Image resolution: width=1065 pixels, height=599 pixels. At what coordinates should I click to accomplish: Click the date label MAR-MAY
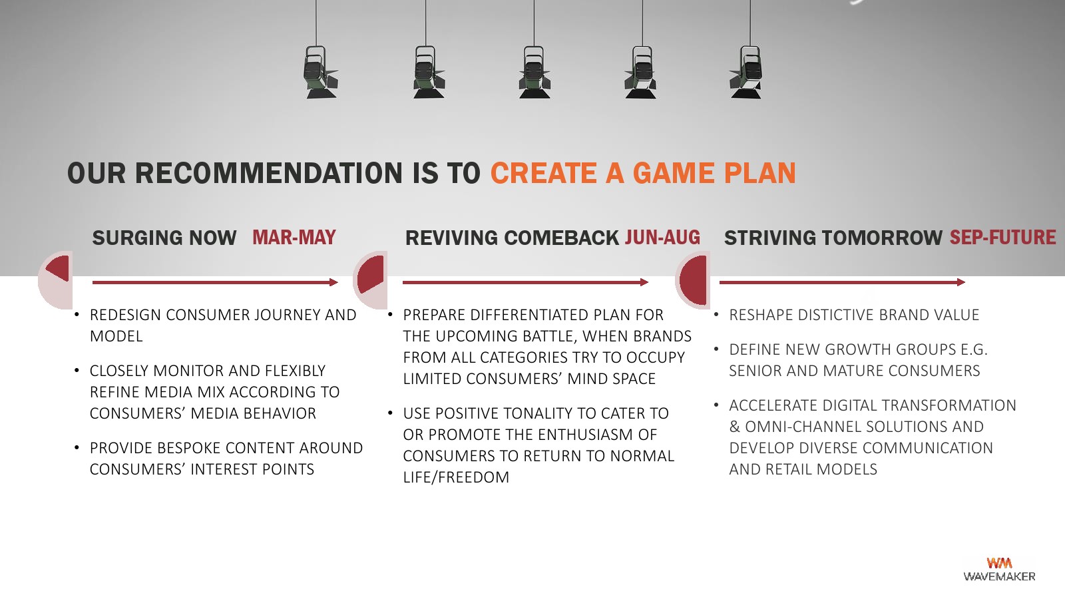tap(294, 238)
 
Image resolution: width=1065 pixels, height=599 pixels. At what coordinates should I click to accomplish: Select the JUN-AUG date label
tap(662, 238)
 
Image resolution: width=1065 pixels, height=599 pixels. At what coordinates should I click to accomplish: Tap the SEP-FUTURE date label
tap(1002, 238)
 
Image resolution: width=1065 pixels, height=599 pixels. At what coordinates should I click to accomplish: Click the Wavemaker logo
tap(999, 569)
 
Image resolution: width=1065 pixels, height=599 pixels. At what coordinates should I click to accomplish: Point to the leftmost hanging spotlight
tap(320, 72)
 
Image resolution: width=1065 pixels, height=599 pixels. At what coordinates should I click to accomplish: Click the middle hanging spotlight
tap(534, 72)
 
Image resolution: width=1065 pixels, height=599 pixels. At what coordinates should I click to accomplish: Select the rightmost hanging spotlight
tap(747, 72)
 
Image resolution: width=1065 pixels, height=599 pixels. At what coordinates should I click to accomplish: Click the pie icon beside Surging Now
tap(55, 280)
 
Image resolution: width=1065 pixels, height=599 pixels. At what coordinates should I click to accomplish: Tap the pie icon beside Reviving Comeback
tap(370, 280)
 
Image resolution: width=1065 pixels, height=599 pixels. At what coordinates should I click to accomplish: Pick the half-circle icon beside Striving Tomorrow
tap(693, 280)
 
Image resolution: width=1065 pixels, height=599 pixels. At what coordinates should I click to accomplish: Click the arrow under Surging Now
tap(215, 282)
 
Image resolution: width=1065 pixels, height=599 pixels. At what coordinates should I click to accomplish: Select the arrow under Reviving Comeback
tap(525, 282)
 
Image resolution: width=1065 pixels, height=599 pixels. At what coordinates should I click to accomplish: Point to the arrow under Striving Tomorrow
tap(842, 282)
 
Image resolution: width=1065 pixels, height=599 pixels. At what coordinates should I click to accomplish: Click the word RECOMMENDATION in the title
tap(269, 173)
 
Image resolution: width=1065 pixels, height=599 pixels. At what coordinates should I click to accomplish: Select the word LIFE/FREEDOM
tap(456, 477)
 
